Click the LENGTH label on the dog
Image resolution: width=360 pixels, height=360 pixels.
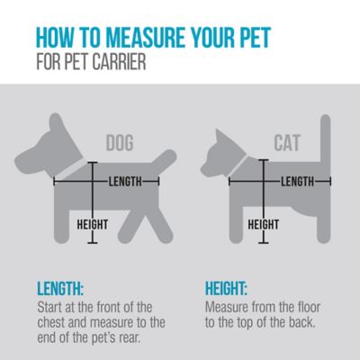125,181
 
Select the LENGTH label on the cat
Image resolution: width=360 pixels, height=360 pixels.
296,181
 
